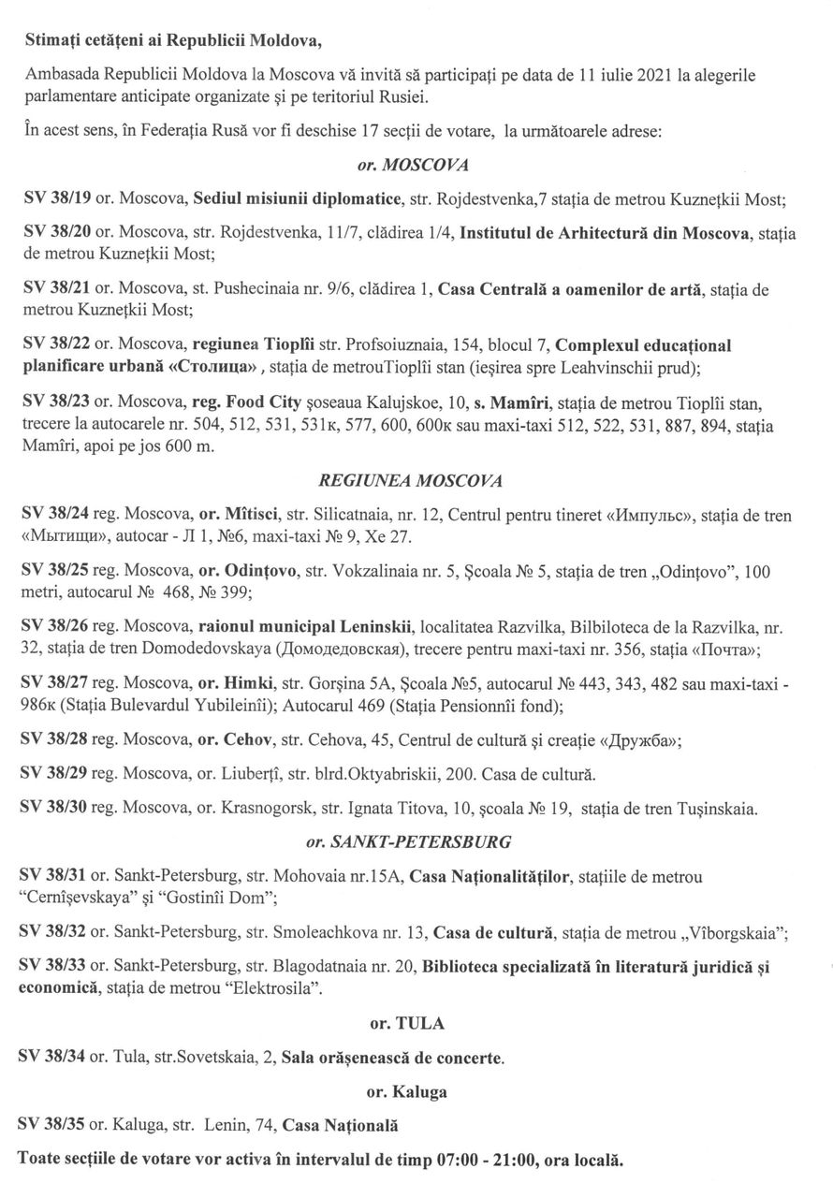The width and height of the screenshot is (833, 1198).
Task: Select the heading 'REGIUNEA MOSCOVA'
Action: [x=411, y=480]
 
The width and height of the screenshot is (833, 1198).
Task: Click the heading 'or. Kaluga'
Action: [x=406, y=1091]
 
